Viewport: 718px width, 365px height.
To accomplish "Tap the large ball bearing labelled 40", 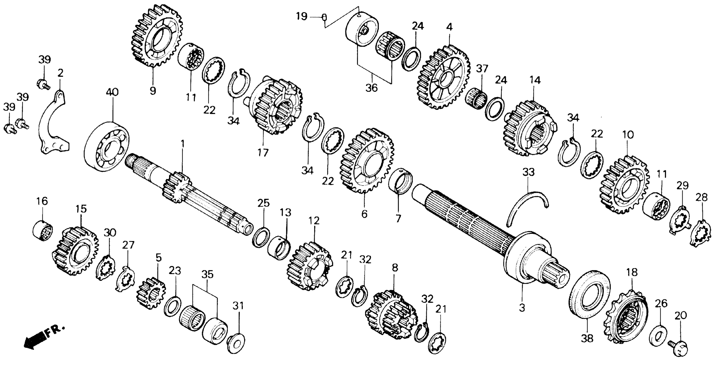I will pyautogui.click(x=106, y=145).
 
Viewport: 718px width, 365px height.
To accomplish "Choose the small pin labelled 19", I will pyautogui.click(x=324, y=17).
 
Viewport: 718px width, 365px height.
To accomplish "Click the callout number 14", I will pyautogui.click(x=535, y=80).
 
